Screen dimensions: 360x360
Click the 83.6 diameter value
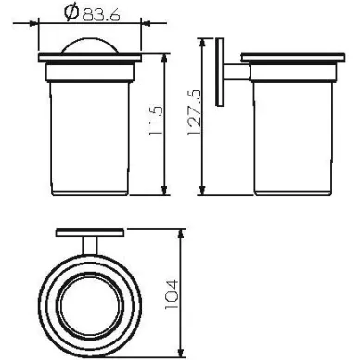coord(101,15)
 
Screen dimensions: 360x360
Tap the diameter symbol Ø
coord(71,12)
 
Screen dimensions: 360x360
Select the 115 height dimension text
coord(155,121)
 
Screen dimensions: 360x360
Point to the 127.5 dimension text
coord(195,112)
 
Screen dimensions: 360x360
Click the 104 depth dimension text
coord(172,294)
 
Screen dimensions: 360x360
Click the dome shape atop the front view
coord(90,46)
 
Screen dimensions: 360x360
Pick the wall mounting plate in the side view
coord(219,72)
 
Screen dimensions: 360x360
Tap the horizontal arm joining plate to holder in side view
coord(237,71)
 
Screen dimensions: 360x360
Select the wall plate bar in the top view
coord(90,232)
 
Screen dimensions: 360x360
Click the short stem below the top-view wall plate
coord(90,246)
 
